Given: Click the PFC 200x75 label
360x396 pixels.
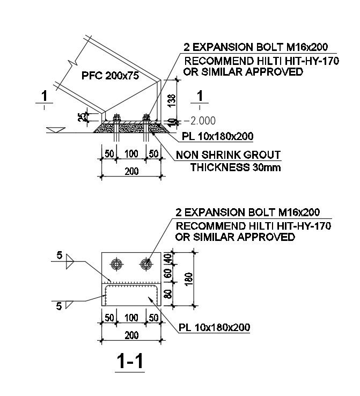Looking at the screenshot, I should [x=110, y=76].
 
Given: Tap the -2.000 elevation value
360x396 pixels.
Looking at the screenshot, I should [x=200, y=120].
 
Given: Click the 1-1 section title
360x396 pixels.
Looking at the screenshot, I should [x=130, y=362].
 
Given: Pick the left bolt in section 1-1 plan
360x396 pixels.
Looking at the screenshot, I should [x=116, y=263].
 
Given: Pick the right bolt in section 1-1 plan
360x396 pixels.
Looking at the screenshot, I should [x=146, y=263].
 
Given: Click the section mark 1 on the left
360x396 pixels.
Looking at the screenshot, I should [x=46, y=97].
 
